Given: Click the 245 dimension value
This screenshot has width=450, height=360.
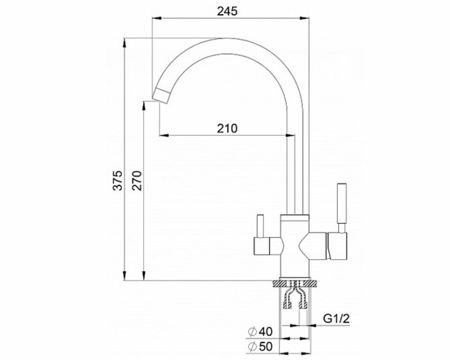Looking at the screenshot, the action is coord(227,11).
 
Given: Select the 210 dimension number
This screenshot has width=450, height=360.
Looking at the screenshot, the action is coord(227,128).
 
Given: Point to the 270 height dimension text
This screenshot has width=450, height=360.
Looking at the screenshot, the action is coord(137,180).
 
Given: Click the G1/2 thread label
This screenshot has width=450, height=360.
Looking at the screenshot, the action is coord(336,319).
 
